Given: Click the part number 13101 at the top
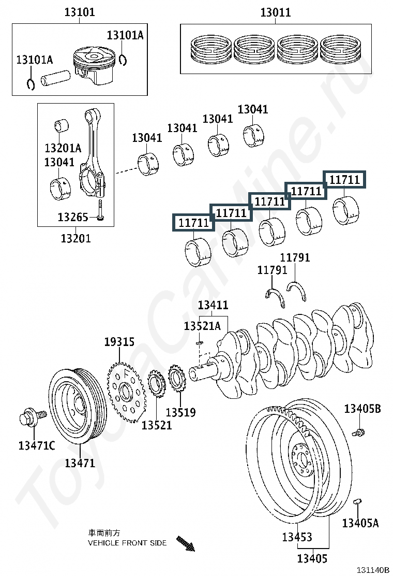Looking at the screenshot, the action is point(80,12).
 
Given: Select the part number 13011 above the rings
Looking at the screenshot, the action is point(275,12).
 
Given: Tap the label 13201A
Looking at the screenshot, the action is point(63,148).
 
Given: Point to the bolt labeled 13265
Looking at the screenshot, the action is point(101,210).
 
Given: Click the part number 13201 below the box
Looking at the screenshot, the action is point(75,238).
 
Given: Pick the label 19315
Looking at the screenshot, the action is point(119,342).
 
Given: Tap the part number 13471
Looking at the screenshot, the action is point(80,463).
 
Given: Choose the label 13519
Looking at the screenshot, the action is point(181,412).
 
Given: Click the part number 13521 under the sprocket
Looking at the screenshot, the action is point(157,425).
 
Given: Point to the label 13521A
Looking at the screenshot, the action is point(202,325).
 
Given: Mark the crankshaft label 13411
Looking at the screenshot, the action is point(213,305).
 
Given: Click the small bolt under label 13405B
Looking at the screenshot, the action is point(358,432).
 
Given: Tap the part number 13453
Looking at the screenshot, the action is point(297,537).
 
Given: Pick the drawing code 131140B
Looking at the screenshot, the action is point(373,570).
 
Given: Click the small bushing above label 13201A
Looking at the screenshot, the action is point(62,126).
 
